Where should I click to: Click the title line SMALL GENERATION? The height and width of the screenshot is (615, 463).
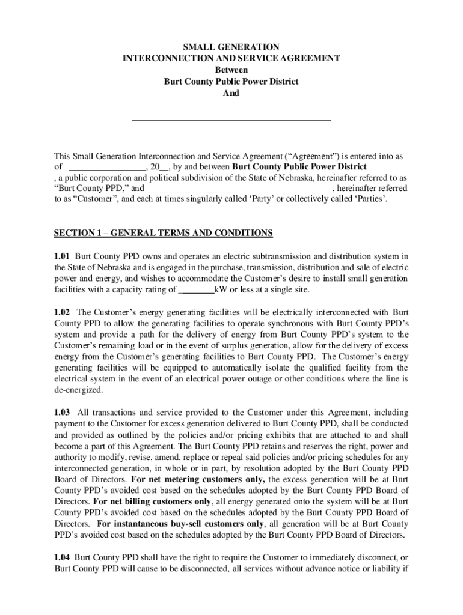coord(231,47)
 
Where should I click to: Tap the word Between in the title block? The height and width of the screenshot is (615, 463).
coord(231,70)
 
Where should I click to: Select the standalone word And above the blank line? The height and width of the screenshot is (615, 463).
coord(231,94)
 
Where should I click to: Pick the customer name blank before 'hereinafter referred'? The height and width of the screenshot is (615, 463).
coord(239,189)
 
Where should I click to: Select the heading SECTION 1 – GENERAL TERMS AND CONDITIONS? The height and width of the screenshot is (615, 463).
coord(164,233)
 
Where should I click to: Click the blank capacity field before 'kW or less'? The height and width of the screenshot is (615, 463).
coord(197,290)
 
